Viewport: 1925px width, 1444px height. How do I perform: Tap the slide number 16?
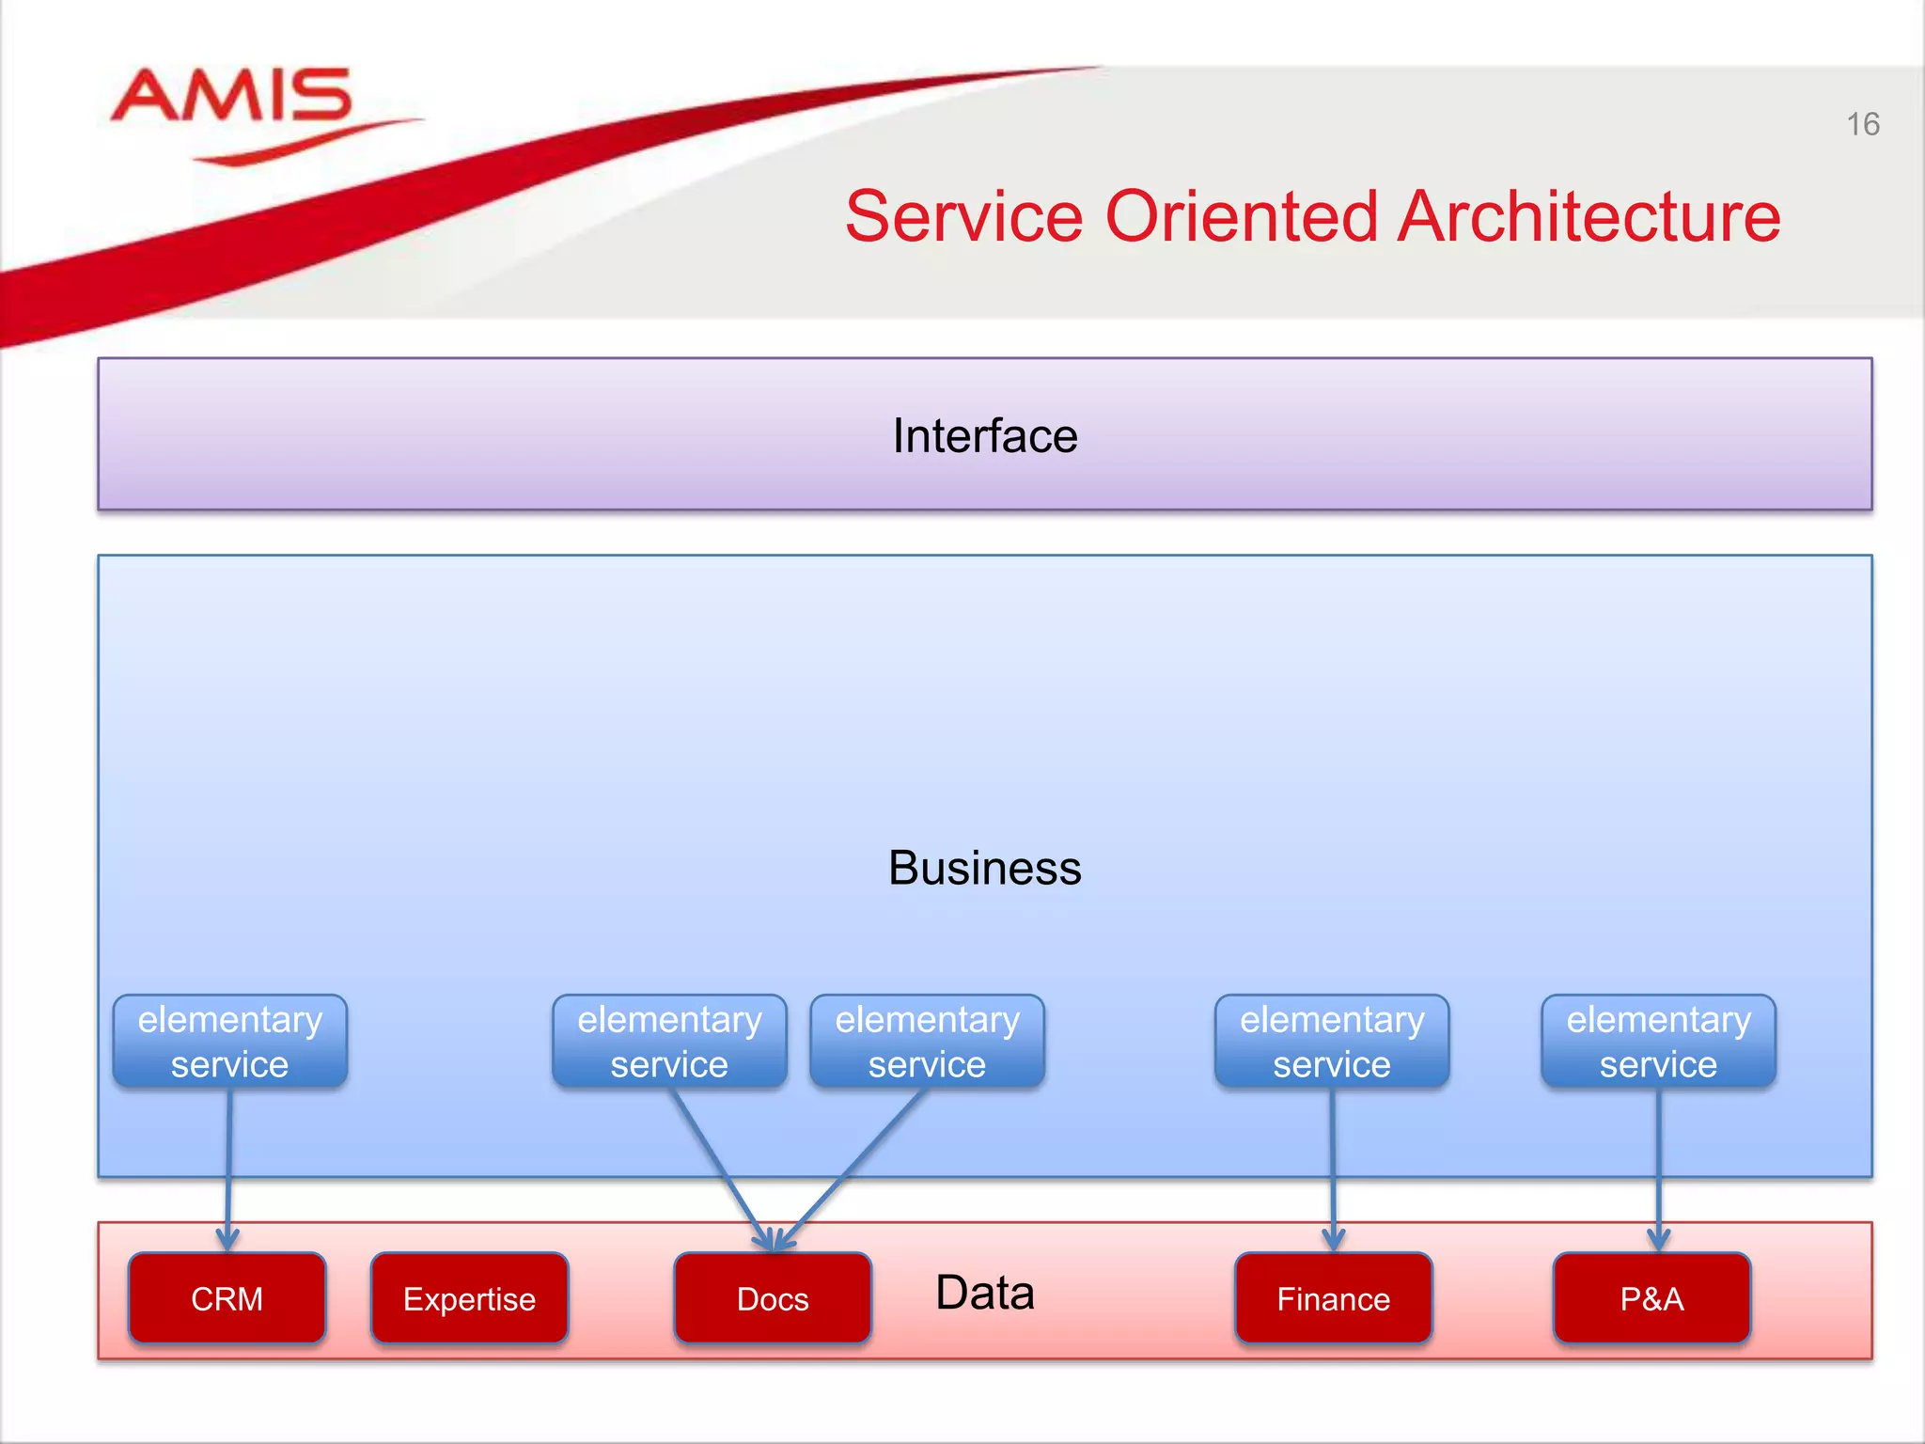pyautogui.click(x=1862, y=125)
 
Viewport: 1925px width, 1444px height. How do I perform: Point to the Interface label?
pyautogui.click(x=984, y=436)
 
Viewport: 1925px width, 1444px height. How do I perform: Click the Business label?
pyautogui.click(x=984, y=868)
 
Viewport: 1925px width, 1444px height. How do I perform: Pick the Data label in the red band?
pyautogui.click(x=984, y=1293)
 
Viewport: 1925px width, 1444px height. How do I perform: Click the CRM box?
pyautogui.click(x=227, y=1298)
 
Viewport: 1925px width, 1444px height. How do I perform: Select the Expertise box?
pyautogui.click(x=469, y=1298)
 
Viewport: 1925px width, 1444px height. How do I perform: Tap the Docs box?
pyautogui.click(x=773, y=1298)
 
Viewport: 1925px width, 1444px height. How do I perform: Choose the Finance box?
pyautogui.click(x=1333, y=1298)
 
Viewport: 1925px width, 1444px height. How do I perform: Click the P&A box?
pyautogui.click(x=1651, y=1298)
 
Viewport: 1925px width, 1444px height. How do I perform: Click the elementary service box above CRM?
pyautogui.click(x=230, y=1042)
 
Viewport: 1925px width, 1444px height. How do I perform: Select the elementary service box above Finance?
pyautogui.click(x=1332, y=1042)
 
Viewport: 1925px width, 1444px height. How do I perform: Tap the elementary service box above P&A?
pyautogui.click(x=1658, y=1042)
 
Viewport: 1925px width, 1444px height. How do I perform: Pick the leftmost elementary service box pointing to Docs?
pyautogui.click(x=669, y=1042)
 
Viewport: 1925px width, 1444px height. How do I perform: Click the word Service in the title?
pyautogui.click(x=964, y=217)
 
